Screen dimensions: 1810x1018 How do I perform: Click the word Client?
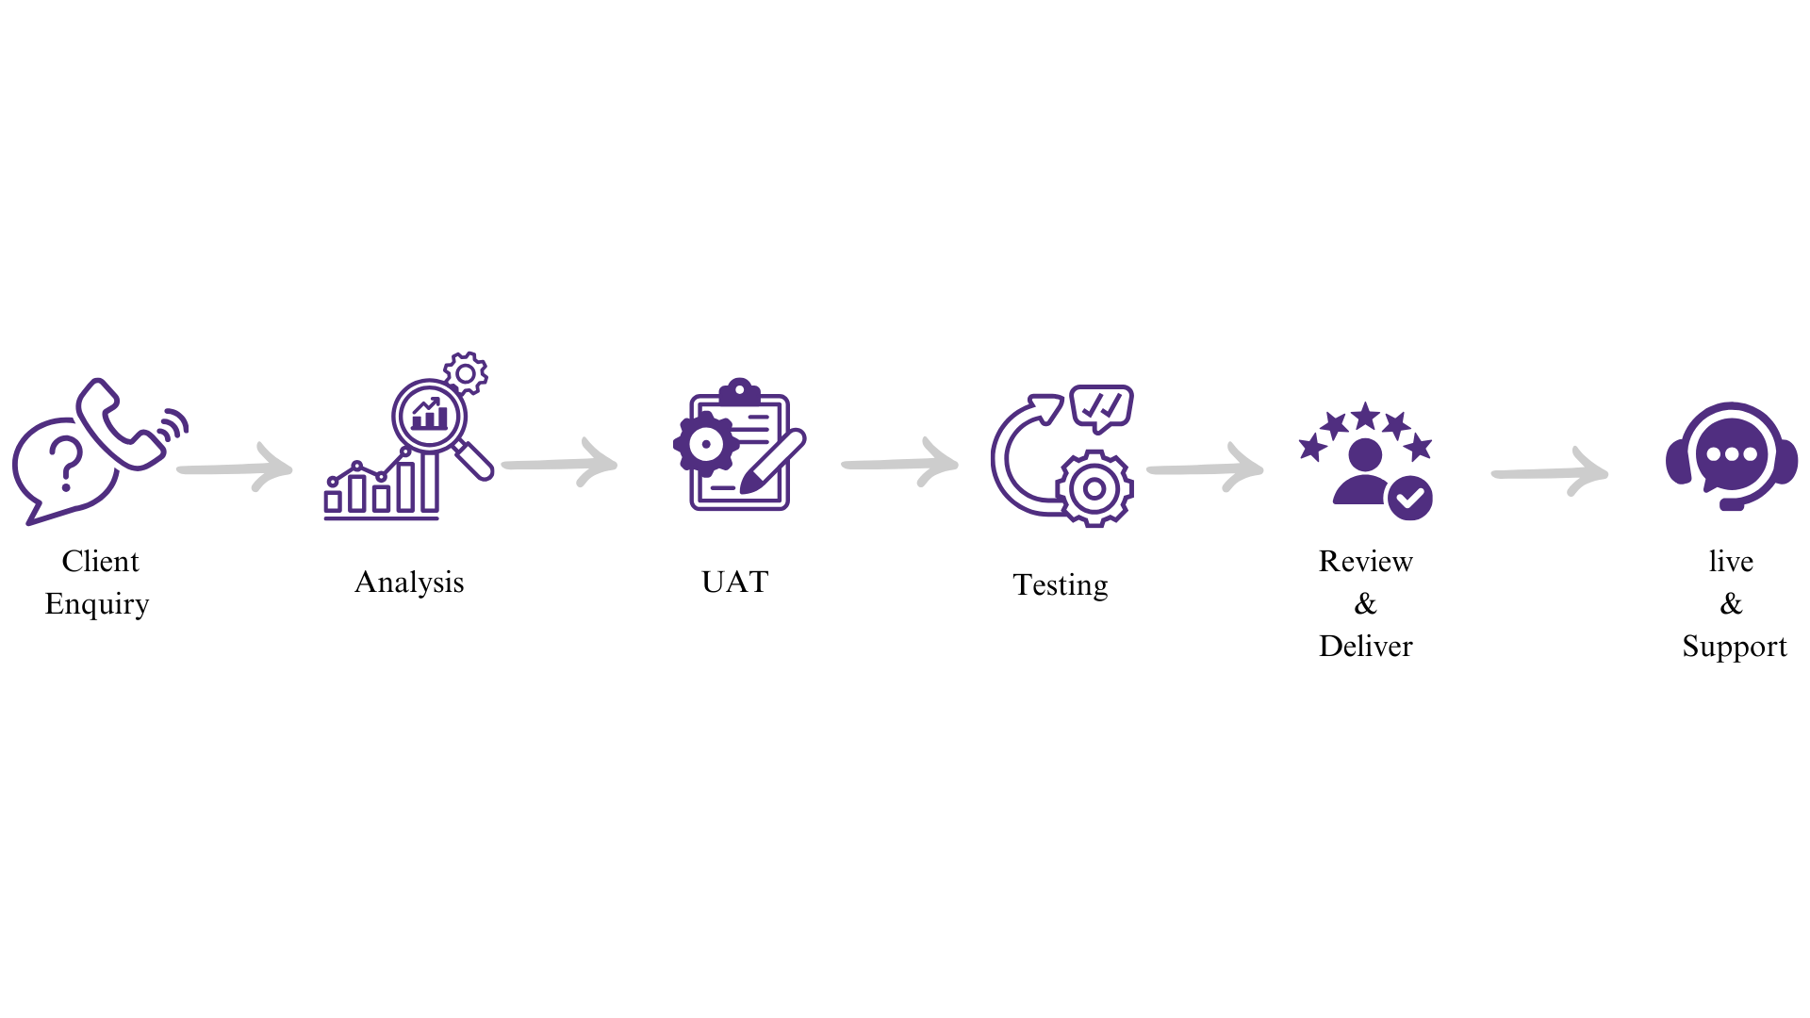tap(100, 561)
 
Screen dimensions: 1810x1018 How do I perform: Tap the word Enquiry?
tap(97, 604)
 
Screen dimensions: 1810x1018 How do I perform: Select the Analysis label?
tap(409, 583)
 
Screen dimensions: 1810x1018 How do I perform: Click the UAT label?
tap(735, 582)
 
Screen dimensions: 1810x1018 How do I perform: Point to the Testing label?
tap(1061, 585)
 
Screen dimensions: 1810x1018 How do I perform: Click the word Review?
tap(1366, 562)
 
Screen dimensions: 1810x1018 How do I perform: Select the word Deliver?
tap(1366, 647)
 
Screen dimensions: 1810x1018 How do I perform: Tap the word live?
tap(1731, 562)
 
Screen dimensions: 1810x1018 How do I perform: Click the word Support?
tap(1735, 648)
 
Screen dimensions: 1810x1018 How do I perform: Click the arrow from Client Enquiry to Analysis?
tap(236, 468)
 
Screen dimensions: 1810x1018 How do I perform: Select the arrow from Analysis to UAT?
tap(560, 463)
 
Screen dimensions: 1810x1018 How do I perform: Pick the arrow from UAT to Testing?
tap(900, 463)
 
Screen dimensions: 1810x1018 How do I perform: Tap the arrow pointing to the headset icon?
tap(1550, 472)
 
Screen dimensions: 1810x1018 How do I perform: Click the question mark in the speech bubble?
tap(66, 463)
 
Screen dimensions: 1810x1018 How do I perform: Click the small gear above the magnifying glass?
tap(466, 374)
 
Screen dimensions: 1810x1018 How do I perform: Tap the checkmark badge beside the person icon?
tap(1410, 499)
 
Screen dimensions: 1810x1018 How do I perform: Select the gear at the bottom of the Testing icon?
tap(1094, 488)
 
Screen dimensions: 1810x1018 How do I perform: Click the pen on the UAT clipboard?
tap(772, 462)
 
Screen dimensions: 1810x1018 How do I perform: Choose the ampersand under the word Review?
tap(1366, 604)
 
